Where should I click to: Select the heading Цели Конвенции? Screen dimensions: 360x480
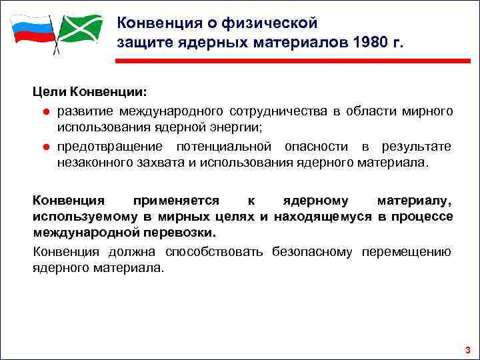click(x=91, y=89)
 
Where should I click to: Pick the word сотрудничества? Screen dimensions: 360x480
click(x=279, y=110)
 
